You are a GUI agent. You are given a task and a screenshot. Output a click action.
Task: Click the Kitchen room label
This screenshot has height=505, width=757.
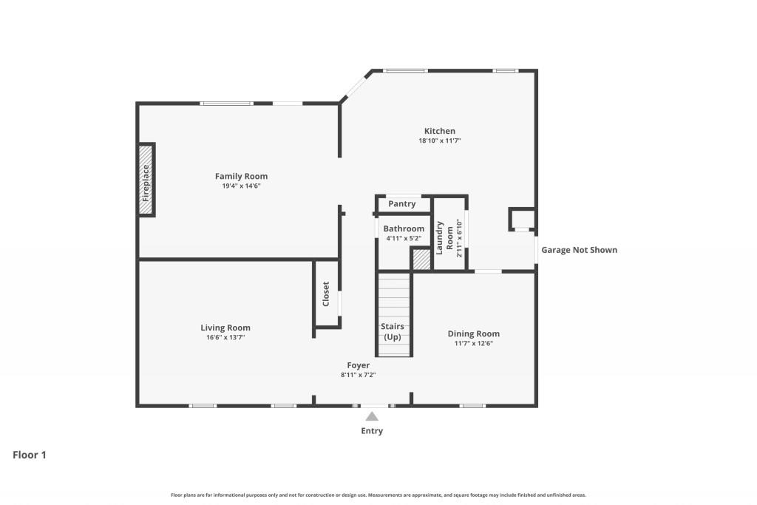coord(439,131)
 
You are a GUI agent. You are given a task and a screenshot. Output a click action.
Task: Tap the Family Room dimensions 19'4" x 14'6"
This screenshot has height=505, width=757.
coord(241,186)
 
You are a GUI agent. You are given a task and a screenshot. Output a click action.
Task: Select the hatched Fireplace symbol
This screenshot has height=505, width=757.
coord(146,180)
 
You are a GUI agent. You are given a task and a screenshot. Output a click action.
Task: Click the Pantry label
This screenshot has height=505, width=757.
coord(402,204)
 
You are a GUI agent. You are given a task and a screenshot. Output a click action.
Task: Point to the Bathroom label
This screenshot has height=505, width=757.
coord(404,228)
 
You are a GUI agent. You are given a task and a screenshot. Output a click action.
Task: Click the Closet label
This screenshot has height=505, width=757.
coord(326,294)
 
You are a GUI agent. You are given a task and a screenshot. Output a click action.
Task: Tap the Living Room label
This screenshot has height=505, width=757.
coord(225,328)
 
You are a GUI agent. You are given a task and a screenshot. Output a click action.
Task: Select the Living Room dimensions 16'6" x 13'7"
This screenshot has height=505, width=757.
coord(225,337)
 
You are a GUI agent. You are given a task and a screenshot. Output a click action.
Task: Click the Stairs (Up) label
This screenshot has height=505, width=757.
coord(393,331)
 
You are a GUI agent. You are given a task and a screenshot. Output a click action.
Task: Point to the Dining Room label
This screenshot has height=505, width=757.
coord(473,333)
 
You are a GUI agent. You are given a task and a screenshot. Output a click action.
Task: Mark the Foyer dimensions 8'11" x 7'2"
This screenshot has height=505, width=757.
coord(359,375)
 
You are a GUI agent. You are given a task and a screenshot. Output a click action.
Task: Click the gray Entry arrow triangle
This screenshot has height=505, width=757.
coord(372,417)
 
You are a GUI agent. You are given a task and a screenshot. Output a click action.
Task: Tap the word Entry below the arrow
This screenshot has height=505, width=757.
coord(372,431)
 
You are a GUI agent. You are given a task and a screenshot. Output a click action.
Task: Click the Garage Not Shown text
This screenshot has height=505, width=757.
coord(579,250)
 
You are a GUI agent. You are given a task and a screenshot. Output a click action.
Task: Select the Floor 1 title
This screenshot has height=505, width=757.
coord(30,455)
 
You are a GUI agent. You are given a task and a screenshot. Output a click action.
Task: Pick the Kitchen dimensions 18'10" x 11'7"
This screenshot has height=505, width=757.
coord(439,140)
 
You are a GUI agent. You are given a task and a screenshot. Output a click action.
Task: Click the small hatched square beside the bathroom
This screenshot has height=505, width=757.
coord(421,260)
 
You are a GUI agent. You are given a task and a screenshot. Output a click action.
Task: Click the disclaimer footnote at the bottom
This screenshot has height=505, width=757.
coord(378,495)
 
